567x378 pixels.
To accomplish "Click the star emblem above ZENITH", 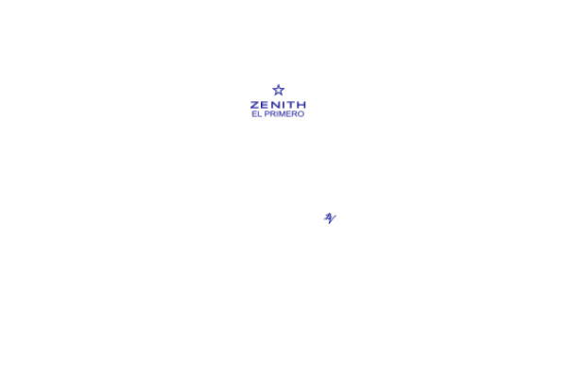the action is coord(279,90).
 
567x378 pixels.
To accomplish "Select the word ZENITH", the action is coord(278,105).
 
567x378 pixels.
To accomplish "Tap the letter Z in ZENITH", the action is coord(255,105).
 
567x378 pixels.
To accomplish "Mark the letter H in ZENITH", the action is coord(301,105).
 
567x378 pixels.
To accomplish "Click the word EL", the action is coord(256,114).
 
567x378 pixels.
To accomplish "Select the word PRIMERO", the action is coord(284,114).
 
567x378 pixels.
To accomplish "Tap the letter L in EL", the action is coord(259,114).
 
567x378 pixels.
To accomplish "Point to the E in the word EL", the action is coord(254,114).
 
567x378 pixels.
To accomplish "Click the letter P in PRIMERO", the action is coord(266,114).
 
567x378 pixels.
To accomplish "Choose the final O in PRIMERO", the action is coord(301,114).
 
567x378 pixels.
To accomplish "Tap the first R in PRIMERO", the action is coord(272,114).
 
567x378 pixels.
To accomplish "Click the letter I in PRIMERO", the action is coord(276,114).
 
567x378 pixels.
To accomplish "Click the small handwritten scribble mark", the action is coord(330,218).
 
